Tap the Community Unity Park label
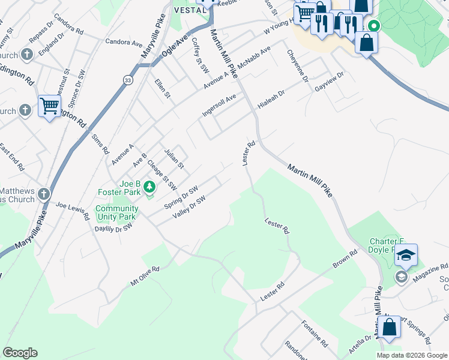point(116,212)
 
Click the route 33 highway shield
point(128,80)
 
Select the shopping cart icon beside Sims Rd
point(49,107)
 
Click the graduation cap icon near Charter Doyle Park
point(406,256)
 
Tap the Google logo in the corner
point(20,353)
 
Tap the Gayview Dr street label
point(328,82)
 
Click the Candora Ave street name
point(124,43)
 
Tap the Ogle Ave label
point(173,46)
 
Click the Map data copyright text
point(411,355)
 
